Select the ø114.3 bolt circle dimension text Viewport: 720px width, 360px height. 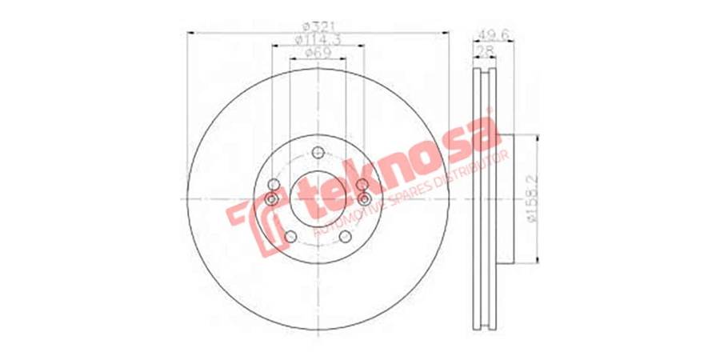(x=318, y=40)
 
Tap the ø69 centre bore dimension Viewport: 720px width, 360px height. (x=318, y=54)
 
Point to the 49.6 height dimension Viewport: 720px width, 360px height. (x=490, y=34)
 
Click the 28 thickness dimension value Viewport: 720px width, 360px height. (x=482, y=50)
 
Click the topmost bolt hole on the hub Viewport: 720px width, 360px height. (x=318, y=154)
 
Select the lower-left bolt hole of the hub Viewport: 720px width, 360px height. (x=290, y=236)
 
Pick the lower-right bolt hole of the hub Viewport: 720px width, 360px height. (x=345, y=236)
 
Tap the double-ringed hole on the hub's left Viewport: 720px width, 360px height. (x=272, y=198)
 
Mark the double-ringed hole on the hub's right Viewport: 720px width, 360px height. (x=364, y=198)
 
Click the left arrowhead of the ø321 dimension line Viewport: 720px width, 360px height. (x=189, y=33)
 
